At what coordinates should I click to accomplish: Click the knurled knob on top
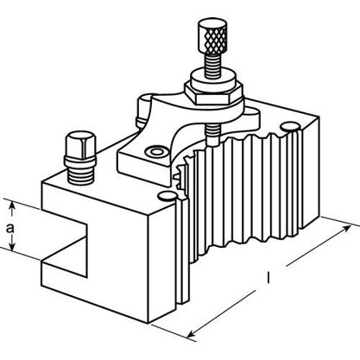point(212,36)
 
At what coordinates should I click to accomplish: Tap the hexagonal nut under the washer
point(213,93)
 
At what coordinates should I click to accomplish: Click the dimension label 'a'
point(10,228)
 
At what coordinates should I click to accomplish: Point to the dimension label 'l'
point(268,278)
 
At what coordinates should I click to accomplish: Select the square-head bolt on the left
point(80,158)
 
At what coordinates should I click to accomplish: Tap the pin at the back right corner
point(290,127)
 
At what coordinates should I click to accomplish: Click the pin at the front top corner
point(167,197)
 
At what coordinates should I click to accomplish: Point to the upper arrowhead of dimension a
point(12,205)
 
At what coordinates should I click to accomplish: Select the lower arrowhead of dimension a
point(12,246)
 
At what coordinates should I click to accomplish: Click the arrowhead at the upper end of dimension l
point(347,229)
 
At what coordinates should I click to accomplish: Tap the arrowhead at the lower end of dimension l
point(191,334)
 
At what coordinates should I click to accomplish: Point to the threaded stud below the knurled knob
point(212,65)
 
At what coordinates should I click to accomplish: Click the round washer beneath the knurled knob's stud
point(212,79)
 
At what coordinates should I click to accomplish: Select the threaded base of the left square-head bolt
point(80,174)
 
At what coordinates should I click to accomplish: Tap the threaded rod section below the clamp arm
point(212,133)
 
